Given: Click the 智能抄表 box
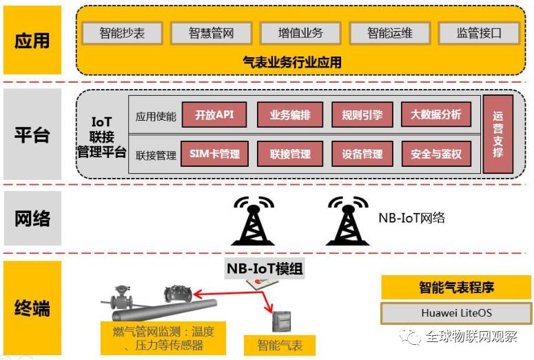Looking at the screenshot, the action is [x=122, y=32].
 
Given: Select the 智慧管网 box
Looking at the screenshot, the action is [x=211, y=32].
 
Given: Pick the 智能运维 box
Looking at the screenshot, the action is [x=389, y=32].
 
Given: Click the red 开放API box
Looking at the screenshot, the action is [x=215, y=115].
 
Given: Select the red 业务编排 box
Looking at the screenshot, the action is [x=290, y=115].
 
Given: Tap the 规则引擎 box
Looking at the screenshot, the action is [x=362, y=115].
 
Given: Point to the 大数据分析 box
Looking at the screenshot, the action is [x=435, y=115].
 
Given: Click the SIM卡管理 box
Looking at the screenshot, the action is [x=215, y=154].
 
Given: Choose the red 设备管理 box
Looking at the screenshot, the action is [x=362, y=154].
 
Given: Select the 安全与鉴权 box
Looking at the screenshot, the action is [x=435, y=154].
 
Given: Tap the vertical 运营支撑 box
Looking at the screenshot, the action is [x=498, y=134].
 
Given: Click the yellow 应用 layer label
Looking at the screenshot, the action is [x=32, y=40].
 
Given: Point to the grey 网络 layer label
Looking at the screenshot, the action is [x=32, y=219].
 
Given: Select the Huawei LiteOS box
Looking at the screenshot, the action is [x=456, y=313].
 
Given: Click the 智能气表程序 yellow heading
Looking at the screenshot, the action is [x=456, y=288].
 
